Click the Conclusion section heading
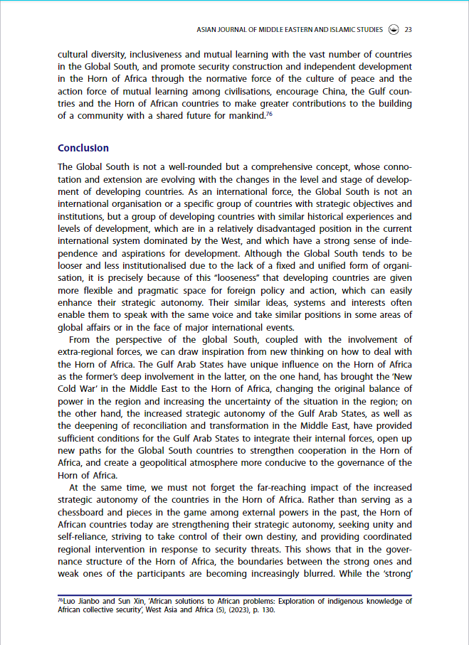tap(83, 148)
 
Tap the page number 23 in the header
tap(409, 30)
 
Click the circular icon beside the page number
tap(394, 30)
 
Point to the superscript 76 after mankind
tap(269, 114)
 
